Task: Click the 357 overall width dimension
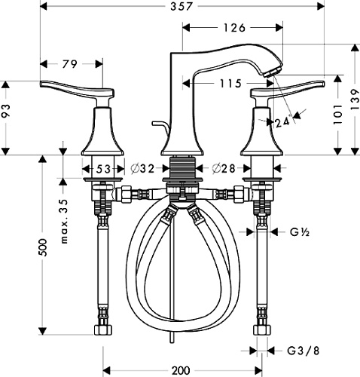(182, 7)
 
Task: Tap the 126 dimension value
(234, 28)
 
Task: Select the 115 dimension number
(231, 84)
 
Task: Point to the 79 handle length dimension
(69, 64)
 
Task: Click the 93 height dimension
(6, 111)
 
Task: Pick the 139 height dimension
(355, 100)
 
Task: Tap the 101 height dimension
(338, 115)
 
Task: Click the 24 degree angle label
(283, 123)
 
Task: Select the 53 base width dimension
(103, 169)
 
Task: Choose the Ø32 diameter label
(142, 169)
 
